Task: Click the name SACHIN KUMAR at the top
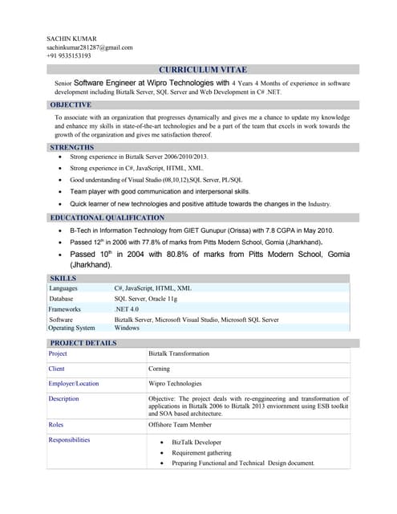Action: tap(71, 39)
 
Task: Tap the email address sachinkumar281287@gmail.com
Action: tap(89, 47)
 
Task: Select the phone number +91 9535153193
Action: tap(68, 56)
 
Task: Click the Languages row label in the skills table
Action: tap(63, 288)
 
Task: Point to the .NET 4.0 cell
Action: tap(127, 308)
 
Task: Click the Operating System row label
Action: tap(71, 328)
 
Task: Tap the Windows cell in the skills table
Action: tap(127, 328)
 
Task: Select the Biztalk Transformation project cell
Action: tap(179, 353)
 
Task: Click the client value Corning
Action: tap(159, 369)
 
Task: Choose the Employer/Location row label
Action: tap(74, 384)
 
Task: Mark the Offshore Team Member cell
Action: tap(180, 424)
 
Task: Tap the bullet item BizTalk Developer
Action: tap(196, 443)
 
